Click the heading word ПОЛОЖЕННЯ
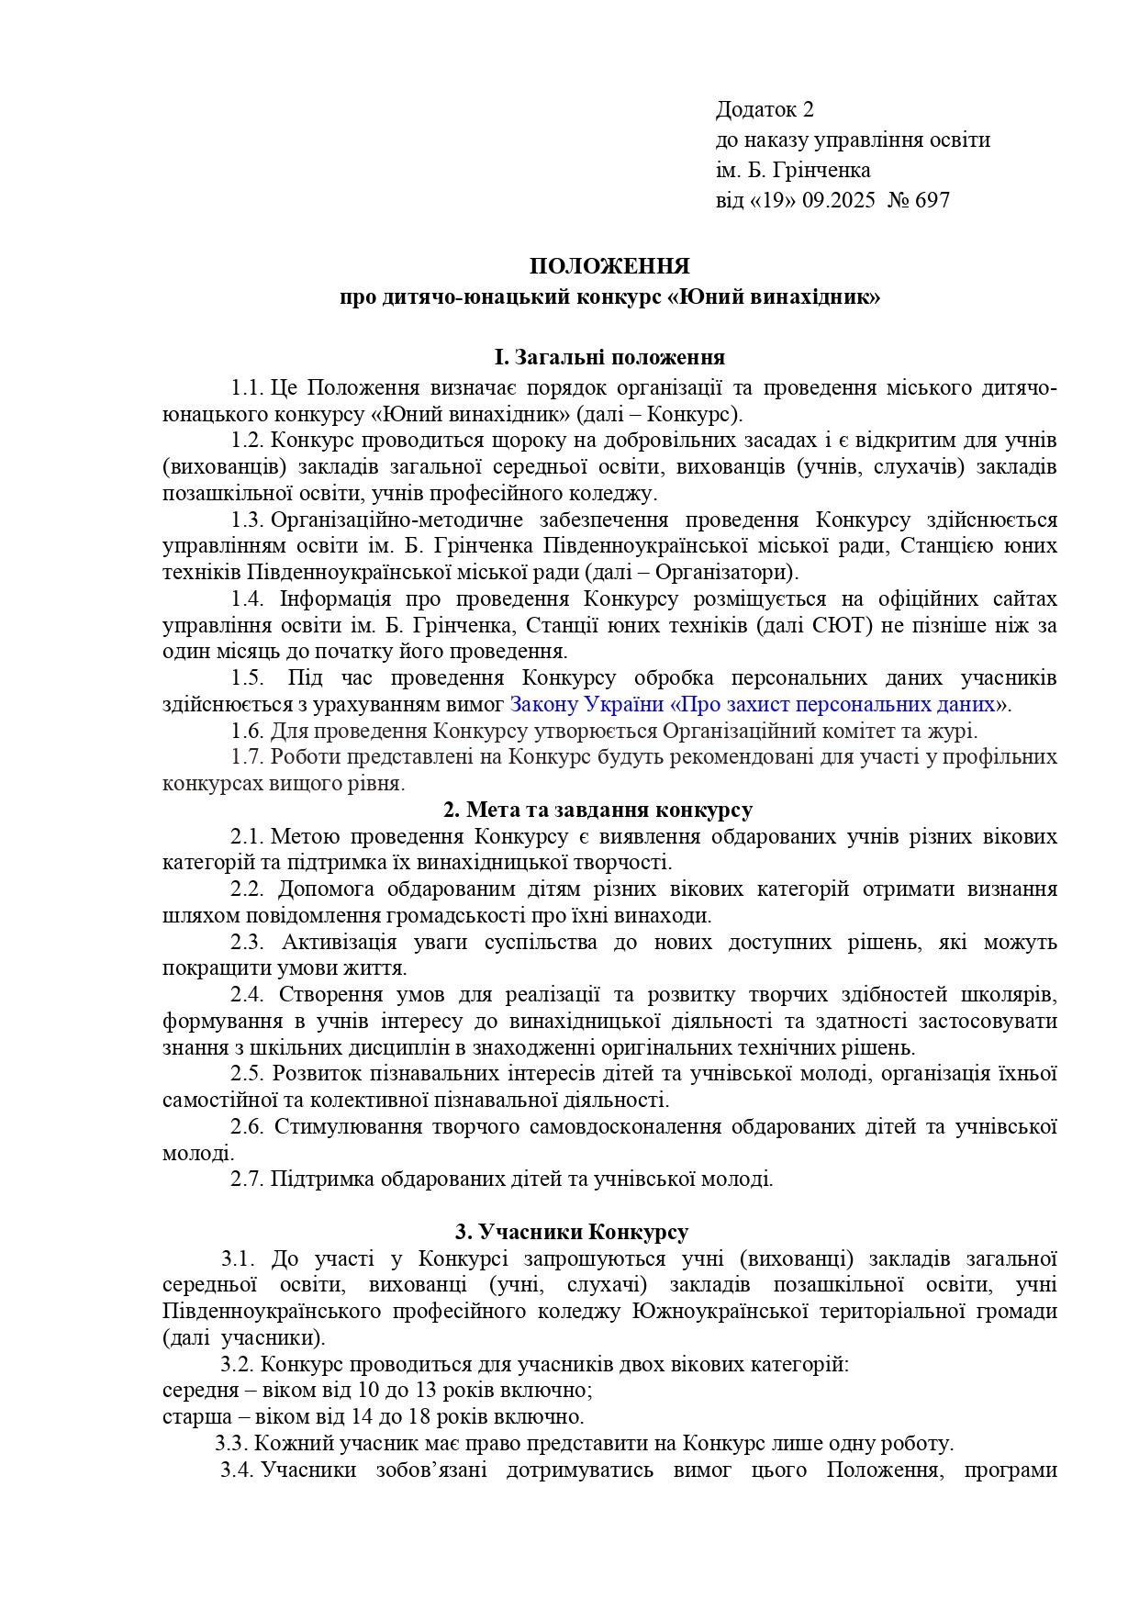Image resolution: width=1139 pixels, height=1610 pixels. point(609,267)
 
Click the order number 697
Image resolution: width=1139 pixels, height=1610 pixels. point(932,199)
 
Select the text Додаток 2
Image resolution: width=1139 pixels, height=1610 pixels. point(765,110)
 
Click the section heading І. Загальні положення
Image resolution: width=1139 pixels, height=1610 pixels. point(609,357)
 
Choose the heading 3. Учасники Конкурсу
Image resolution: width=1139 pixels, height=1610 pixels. point(572,1232)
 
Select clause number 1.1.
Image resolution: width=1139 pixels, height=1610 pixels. point(247,388)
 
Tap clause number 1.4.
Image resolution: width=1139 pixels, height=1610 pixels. point(247,599)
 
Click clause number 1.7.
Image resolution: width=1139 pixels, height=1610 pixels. point(247,757)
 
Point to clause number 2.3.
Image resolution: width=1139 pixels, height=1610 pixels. point(247,942)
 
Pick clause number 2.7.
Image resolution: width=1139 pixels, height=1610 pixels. point(247,1179)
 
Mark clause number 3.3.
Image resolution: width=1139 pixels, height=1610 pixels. point(232,1443)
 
